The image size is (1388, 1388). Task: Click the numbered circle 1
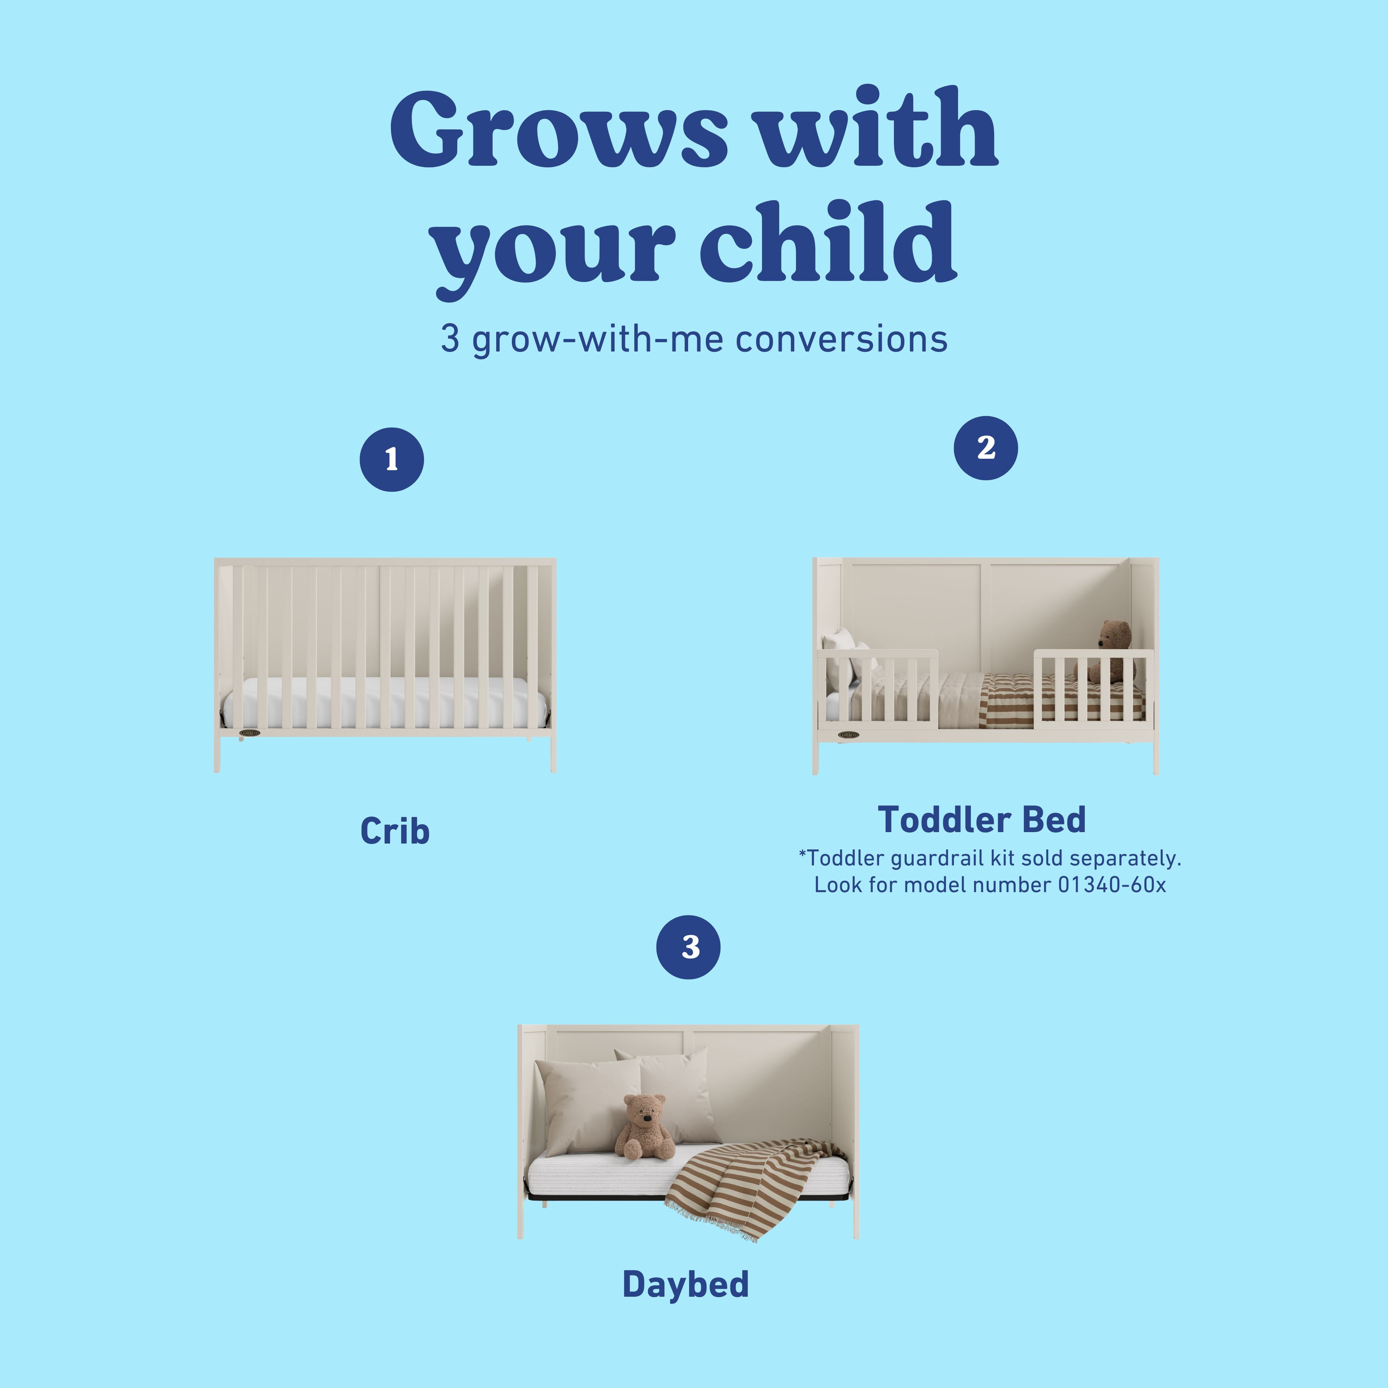pos(391,460)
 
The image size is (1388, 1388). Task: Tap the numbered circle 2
pos(986,448)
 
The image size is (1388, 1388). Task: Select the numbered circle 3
pos(688,947)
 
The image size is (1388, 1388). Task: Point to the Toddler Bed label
pos(981,820)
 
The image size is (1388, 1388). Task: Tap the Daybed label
pos(685,1285)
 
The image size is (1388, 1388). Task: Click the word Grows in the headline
pos(559,129)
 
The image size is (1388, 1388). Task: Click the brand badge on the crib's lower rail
pos(249,734)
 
